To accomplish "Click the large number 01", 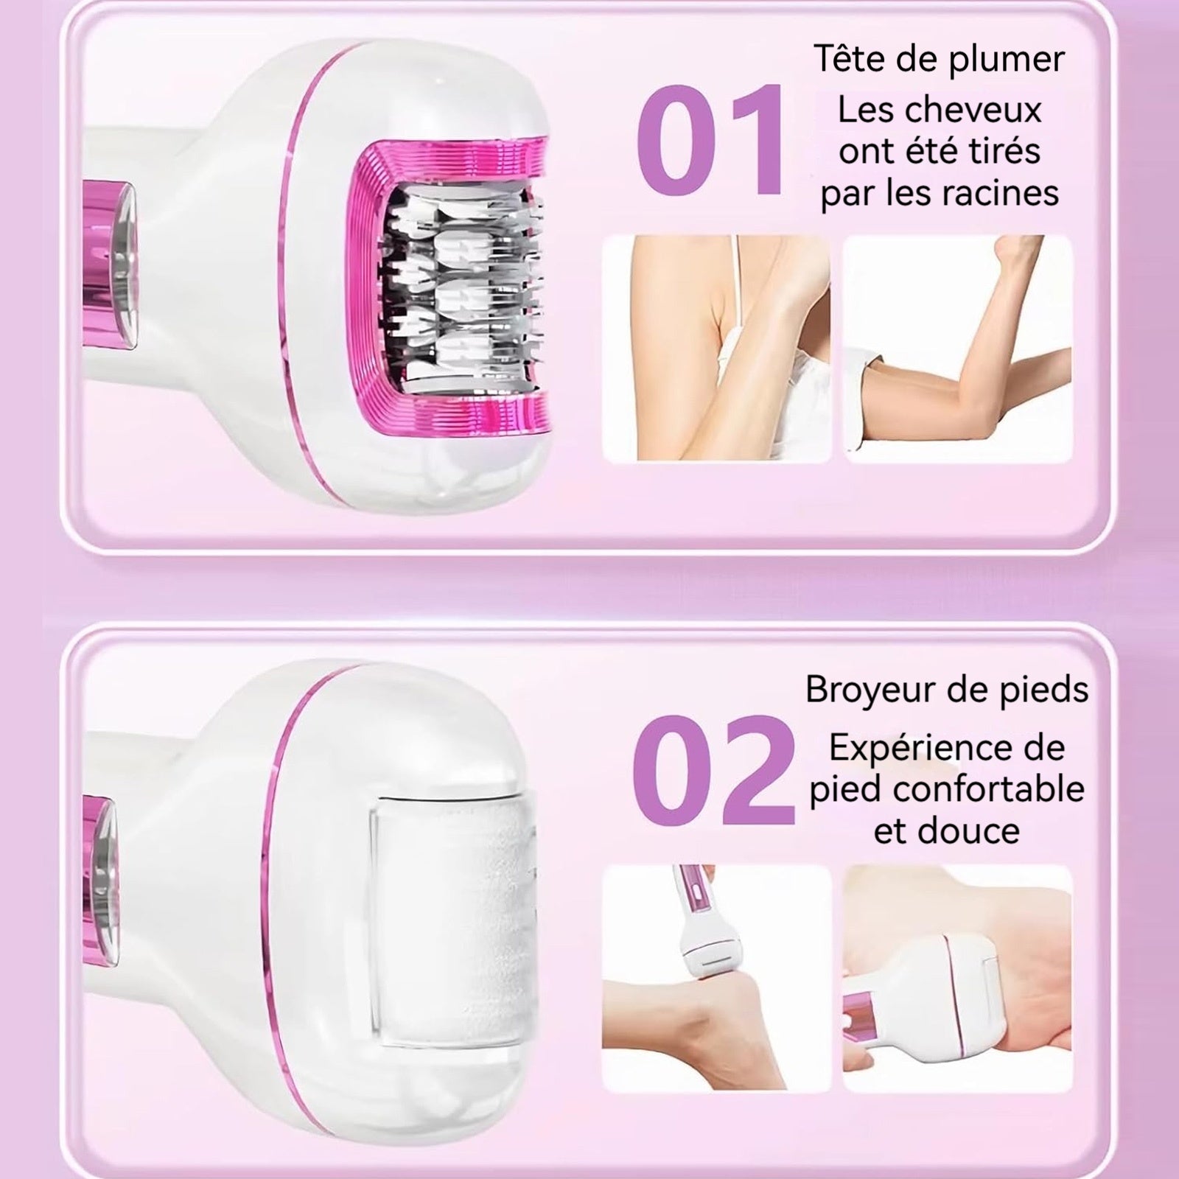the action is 710,140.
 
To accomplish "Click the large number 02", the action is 713,770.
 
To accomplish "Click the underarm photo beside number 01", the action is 716,349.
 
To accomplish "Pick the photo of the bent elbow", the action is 957,349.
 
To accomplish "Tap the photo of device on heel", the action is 716,978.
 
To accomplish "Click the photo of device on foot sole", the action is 957,978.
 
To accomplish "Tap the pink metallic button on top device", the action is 111,265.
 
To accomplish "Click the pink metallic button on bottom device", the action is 102,881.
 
